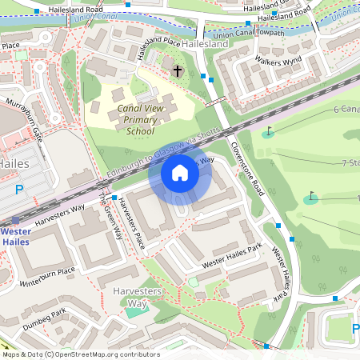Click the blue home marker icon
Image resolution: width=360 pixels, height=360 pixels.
pos(180,172)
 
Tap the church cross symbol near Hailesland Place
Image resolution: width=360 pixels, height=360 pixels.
pos(177,71)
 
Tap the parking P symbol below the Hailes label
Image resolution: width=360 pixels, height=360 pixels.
pos(19,190)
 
